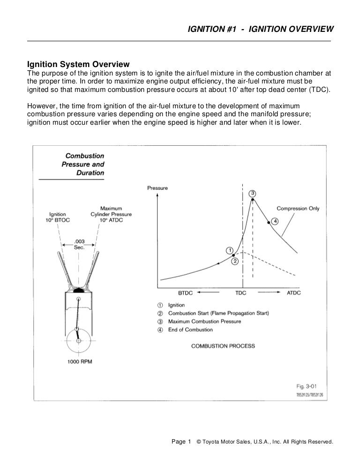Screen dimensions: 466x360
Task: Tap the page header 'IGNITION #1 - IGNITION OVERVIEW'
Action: [x=260, y=29]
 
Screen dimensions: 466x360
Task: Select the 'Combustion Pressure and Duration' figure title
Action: [x=83, y=164]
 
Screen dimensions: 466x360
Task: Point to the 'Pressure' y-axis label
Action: [x=157, y=188]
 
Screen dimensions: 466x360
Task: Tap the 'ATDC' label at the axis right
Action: [x=293, y=293]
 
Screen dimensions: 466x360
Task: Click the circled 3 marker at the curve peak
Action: [x=253, y=193]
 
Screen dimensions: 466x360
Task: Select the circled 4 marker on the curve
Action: [x=275, y=221]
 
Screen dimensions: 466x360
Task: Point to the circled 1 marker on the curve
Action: [x=230, y=250]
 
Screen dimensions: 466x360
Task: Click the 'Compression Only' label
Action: [x=298, y=209]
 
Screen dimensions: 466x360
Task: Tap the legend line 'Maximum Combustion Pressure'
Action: [x=204, y=322]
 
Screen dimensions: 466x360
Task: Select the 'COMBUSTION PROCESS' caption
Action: [x=223, y=346]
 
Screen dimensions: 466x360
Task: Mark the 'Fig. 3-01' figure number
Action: [x=307, y=386]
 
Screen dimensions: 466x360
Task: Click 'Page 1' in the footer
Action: [x=181, y=442]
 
